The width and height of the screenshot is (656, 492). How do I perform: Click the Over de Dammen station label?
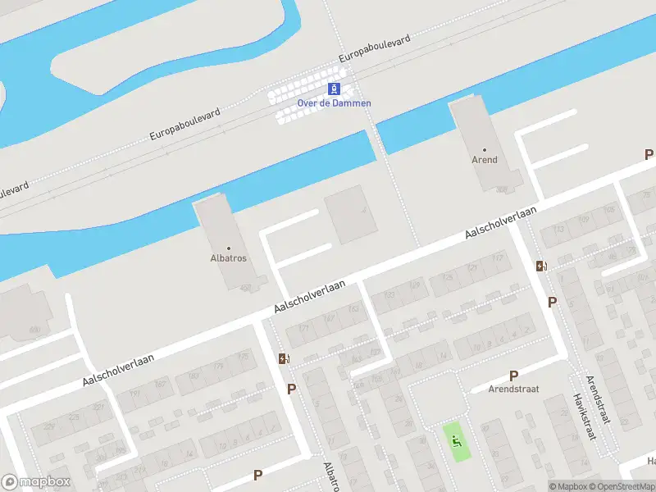tap(334, 103)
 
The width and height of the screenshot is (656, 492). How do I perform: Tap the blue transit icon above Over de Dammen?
tap(334, 89)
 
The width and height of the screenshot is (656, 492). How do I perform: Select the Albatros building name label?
tap(228, 258)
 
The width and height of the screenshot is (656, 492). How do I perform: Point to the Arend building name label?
tap(484, 160)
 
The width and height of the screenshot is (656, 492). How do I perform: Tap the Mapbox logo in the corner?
tap(36, 482)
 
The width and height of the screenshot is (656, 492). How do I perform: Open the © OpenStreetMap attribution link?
tap(621, 487)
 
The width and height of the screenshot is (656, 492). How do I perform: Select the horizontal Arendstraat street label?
tap(513, 389)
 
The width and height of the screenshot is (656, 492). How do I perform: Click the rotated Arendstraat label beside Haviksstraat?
tap(599, 399)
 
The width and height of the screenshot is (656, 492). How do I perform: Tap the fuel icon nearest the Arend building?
tap(541, 266)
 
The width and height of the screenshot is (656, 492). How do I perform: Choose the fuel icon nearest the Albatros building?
tap(284, 358)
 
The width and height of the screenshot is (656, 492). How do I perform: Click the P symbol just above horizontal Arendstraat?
tap(514, 376)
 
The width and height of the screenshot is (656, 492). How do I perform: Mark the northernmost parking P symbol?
tap(649, 154)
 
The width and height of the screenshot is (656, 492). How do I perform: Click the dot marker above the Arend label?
tap(484, 150)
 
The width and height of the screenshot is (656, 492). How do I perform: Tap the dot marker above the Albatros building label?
tap(228, 248)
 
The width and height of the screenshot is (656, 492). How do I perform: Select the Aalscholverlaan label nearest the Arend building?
tap(500, 222)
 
